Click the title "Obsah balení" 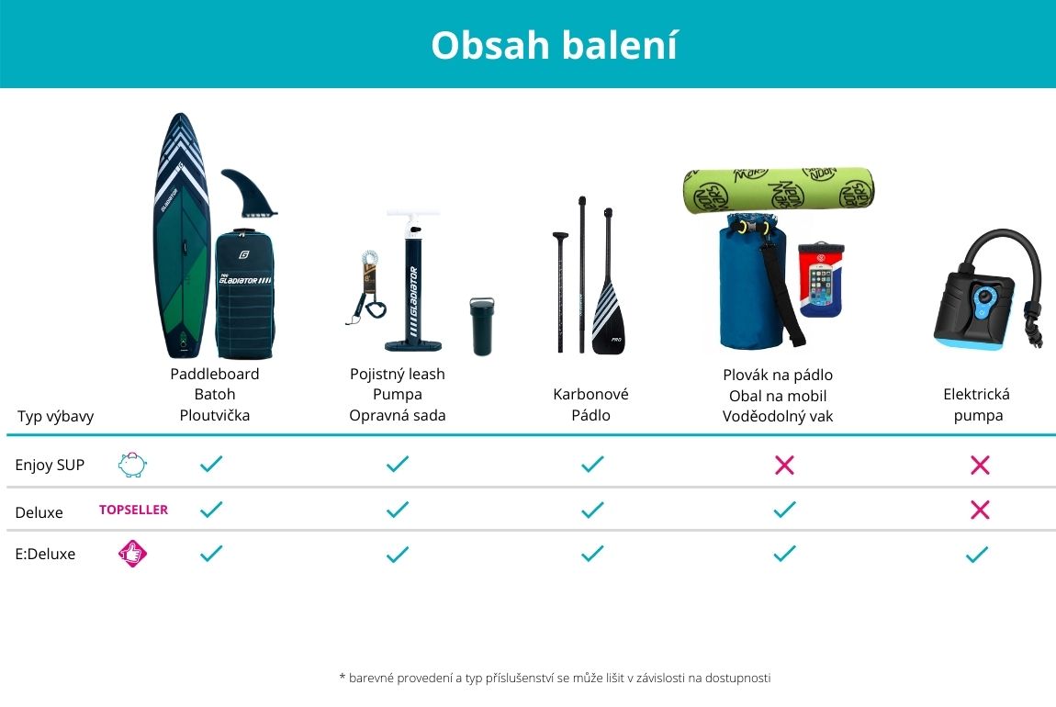[x=554, y=45]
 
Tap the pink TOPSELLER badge [x=133, y=510]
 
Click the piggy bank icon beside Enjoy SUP [x=132, y=465]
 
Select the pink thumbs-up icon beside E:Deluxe [x=132, y=554]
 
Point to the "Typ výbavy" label [x=55, y=416]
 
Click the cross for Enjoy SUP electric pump [x=980, y=465]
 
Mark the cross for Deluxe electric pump [x=980, y=510]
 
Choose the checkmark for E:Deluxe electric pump [x=976, y=555]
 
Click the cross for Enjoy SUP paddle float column [x=784, y=465]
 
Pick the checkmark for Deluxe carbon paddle [x=592, y=510]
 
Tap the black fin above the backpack [x=248, y=193]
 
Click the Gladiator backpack [x=244, y=294]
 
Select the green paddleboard [x=181, y=236]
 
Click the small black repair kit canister [x=481, y=326]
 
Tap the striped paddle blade [x=608, y=317]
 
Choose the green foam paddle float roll [x=779, y=191]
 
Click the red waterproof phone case [x=820, y=280]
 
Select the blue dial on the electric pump [x=984, y=297]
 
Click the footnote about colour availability [x=555, y=678]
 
